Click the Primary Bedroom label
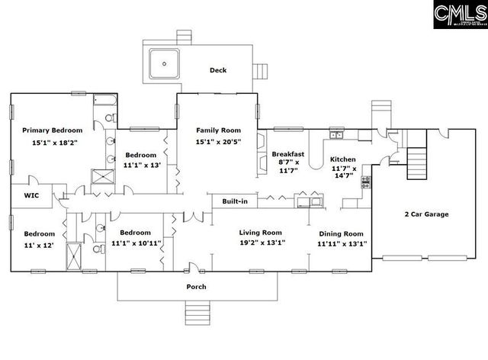(x=51, y=130)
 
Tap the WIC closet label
(x=31, y=195)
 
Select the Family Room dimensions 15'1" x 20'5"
(x=218, y=142)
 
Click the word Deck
(x=218, y=70)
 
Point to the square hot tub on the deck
(x=164, y=63)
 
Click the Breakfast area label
(x=288, y=154)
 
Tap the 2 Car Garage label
(x=427, y=214)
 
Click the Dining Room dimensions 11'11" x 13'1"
(x=342, y=244)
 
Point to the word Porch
(x=197, y=287)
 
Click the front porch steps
(x=197, y=311)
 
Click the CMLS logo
(x=459, y=15)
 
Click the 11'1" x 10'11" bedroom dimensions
(x=136, y=243)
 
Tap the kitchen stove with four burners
(x=366, y=183)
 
